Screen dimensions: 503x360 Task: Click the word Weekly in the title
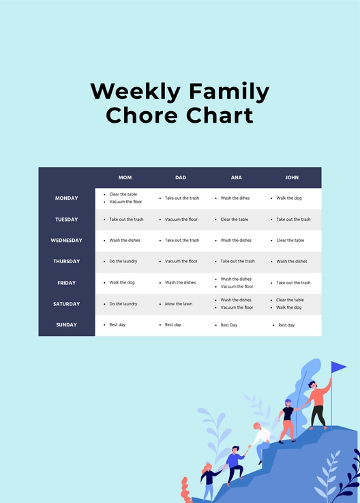click(136, 92)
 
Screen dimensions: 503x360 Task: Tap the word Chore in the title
click(140, 115)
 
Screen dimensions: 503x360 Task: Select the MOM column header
click(125, 178)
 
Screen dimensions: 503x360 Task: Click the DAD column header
click(181, 178)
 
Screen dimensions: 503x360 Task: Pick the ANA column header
click(236, 178)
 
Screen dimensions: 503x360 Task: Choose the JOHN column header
click(292, 178)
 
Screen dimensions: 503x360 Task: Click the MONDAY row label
click(67, 198)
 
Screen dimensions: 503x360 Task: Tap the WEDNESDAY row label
click(67, 241)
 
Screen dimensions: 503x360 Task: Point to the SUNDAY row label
click(67, 325)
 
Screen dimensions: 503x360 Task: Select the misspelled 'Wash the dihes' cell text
click(236, 198)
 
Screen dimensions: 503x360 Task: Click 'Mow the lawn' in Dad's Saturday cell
click(179, 304)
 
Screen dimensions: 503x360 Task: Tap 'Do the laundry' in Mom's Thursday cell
click(123, 262)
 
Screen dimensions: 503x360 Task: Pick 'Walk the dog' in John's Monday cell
click(289, 198)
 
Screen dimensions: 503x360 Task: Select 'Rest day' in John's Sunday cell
click(286, 325)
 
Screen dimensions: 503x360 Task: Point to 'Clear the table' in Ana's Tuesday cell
click(235, 219)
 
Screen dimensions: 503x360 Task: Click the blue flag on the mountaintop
click(338, 367)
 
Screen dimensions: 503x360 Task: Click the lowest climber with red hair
click(207, 480)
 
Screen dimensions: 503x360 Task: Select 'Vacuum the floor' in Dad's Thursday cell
click(181, 262)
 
